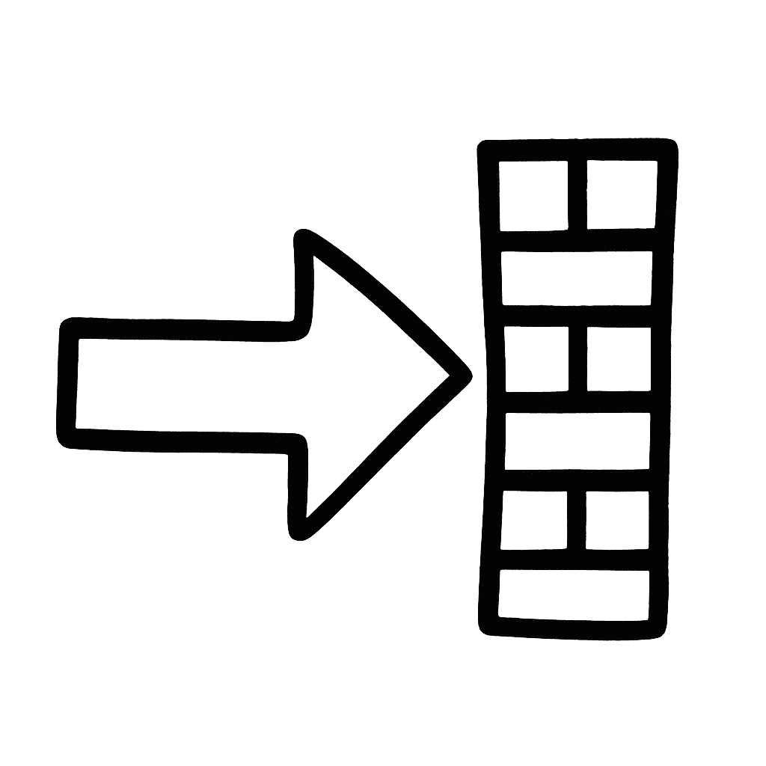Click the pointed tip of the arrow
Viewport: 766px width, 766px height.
coord(465,375)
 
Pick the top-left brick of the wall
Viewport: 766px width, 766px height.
coord(533,194)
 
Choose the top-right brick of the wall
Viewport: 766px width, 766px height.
coord(621,194)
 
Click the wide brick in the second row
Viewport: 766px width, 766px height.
coord(576,278)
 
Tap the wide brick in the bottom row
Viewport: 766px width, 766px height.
coord(574,595)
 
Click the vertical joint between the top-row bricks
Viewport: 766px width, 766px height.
coord(577,194)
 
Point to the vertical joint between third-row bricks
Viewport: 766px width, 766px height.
coord(578,359)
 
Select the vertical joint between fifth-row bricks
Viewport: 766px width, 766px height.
coord(576,520)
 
